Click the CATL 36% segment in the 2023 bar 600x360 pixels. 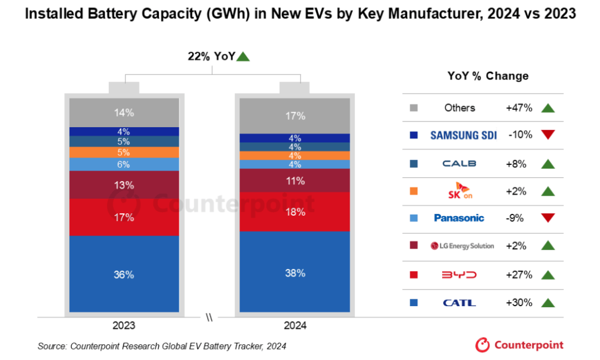(x=124, y=274)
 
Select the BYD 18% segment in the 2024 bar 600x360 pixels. (x=295, y=212)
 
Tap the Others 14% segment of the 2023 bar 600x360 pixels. (x=124, y=113)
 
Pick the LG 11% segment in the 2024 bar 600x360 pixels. (x=295, y=181)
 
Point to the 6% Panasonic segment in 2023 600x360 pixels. (x=124, y=164)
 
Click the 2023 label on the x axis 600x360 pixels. (x=123, y=325)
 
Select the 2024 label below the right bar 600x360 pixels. (x=294, y=325)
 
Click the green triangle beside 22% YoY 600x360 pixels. (x=243, y=56)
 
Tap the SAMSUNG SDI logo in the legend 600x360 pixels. (x=463, y=135)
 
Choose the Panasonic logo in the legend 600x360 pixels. (x=459, y=218)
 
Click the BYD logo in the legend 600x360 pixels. (x=459, y=275)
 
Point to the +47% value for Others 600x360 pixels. (x=519, y=108)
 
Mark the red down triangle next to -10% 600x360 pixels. (x=548, y=135)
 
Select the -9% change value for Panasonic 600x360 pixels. (x=515, y=218)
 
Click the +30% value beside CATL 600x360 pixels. (x=519, y=303)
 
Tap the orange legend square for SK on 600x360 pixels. (x=413, y=191)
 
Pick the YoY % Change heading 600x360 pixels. (x=488, y=76)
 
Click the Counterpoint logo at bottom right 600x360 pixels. (x=519, y=345)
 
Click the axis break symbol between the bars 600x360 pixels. (x=209, y=318)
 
